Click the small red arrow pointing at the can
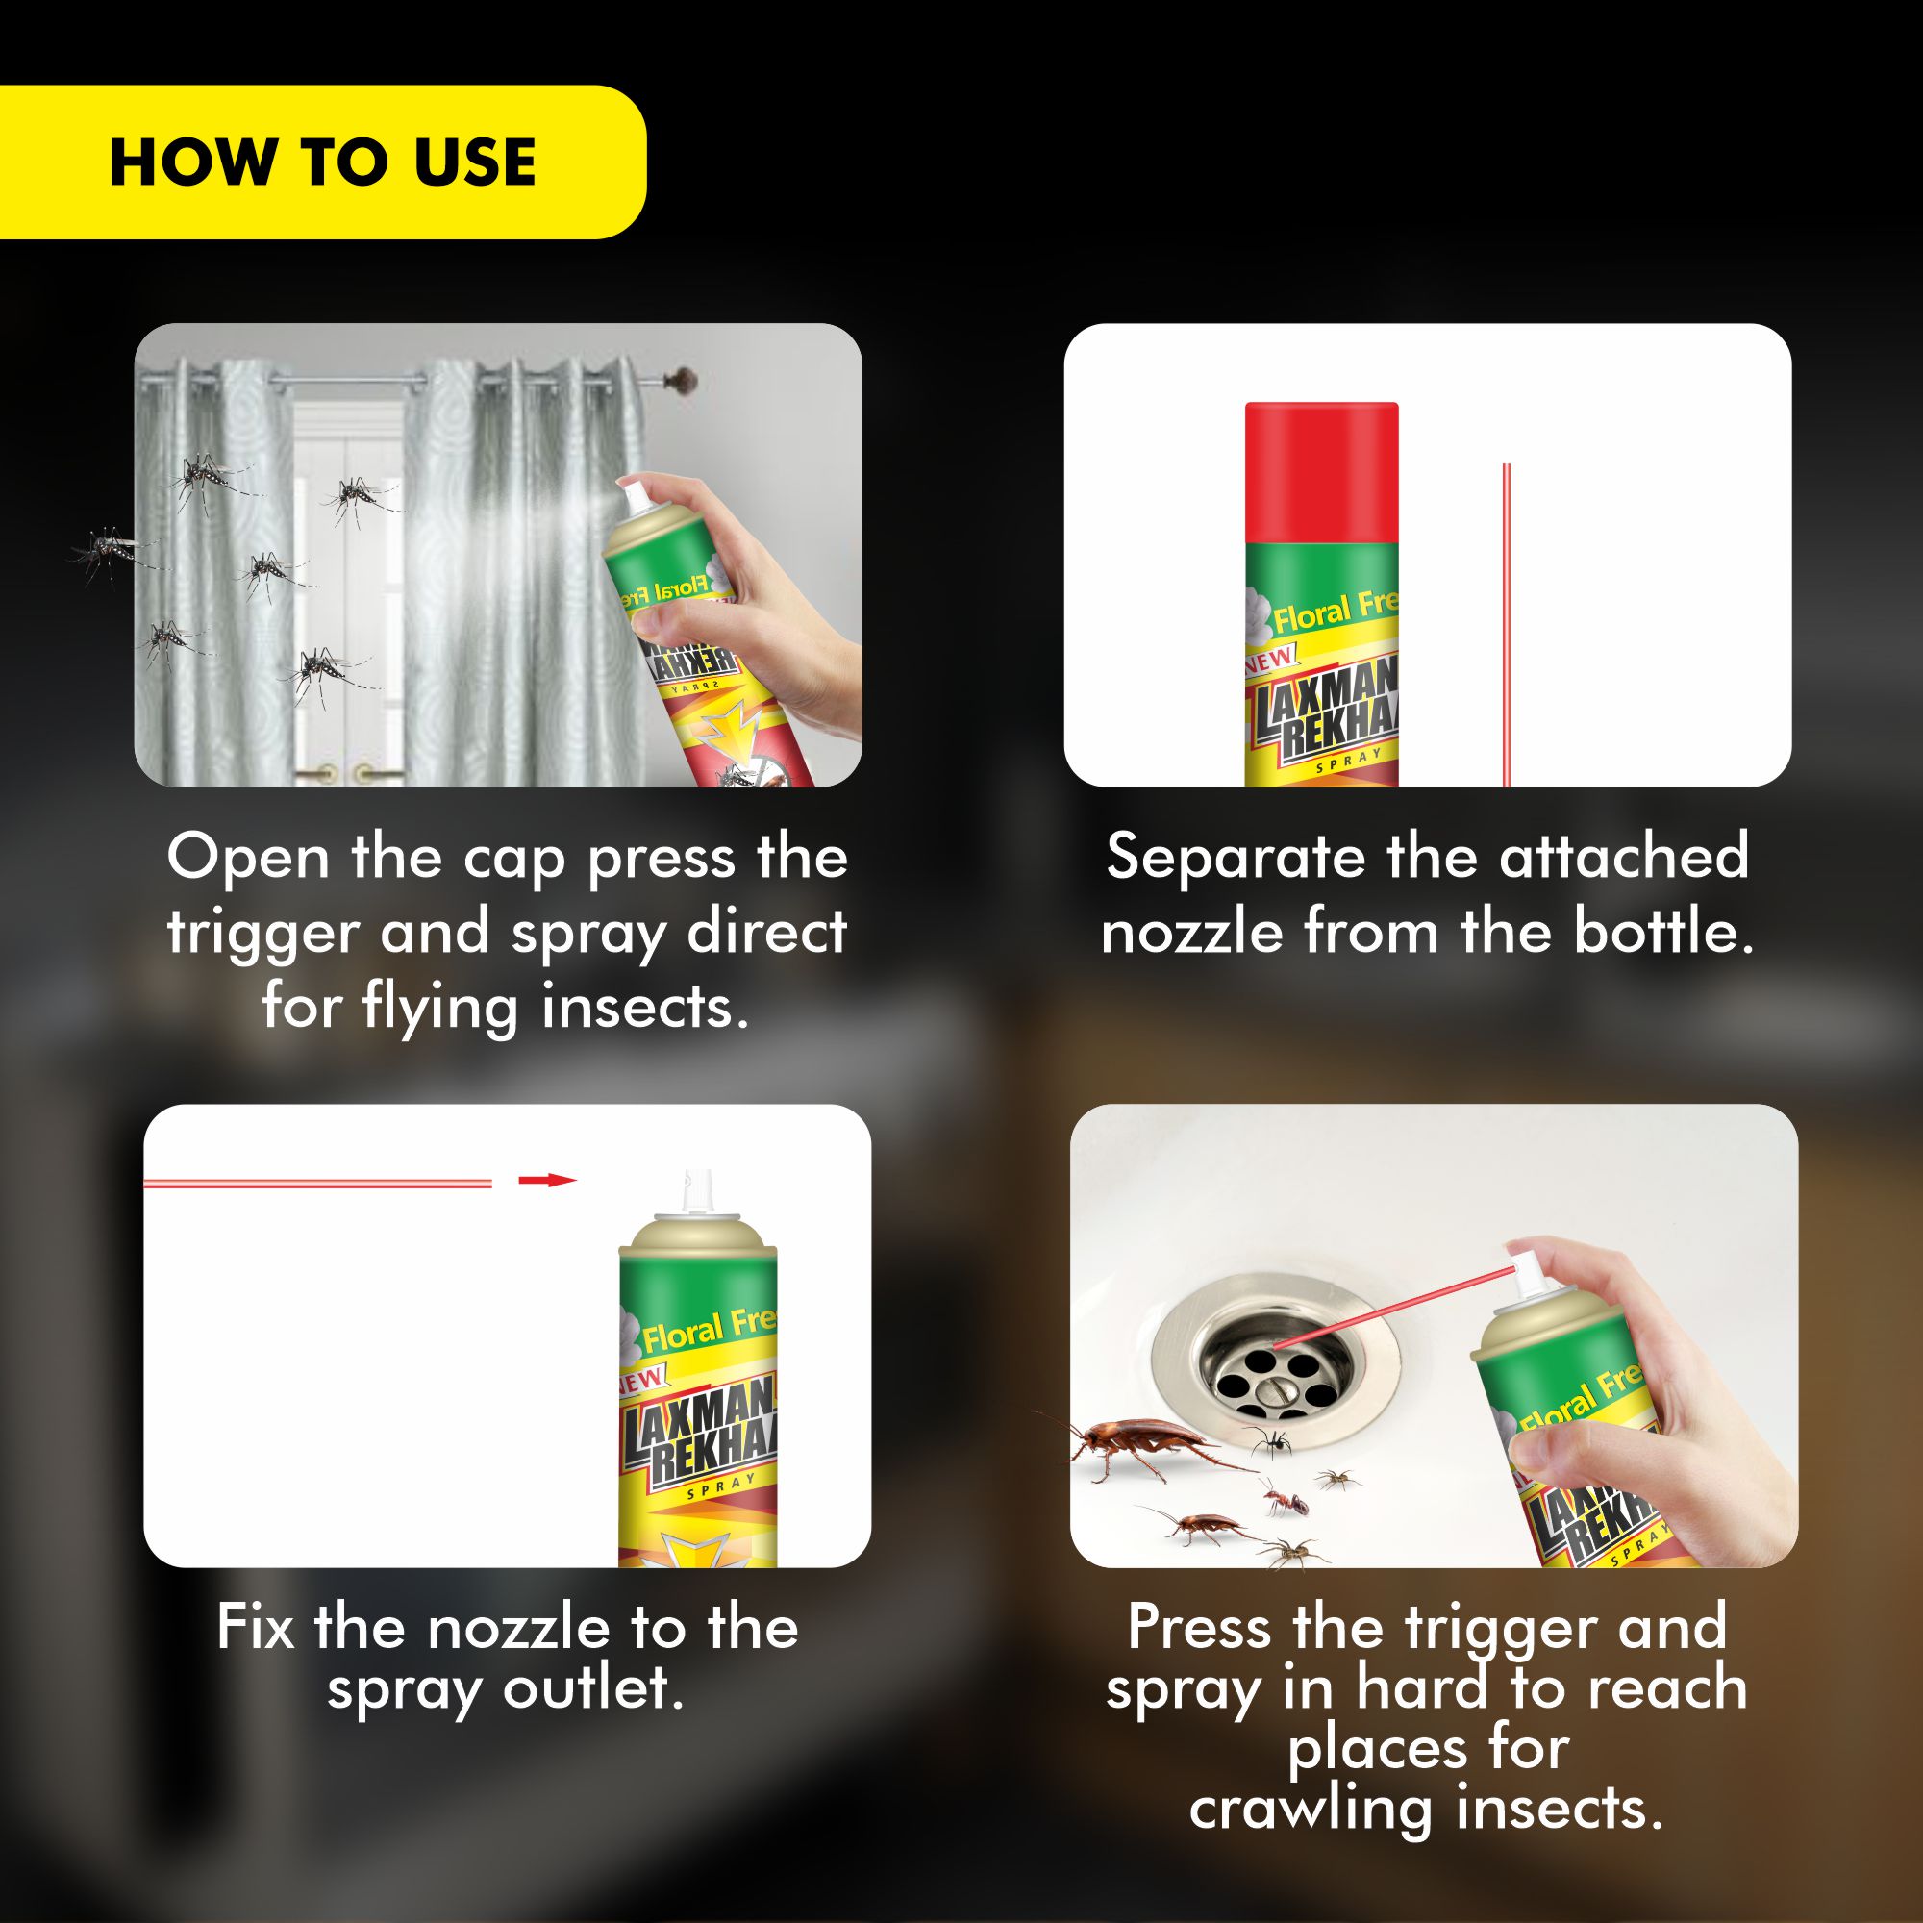click(x=546, y=1181)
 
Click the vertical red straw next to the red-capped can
click(x=1506, y=624)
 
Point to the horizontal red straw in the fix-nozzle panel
click(x=318, y=1183)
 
